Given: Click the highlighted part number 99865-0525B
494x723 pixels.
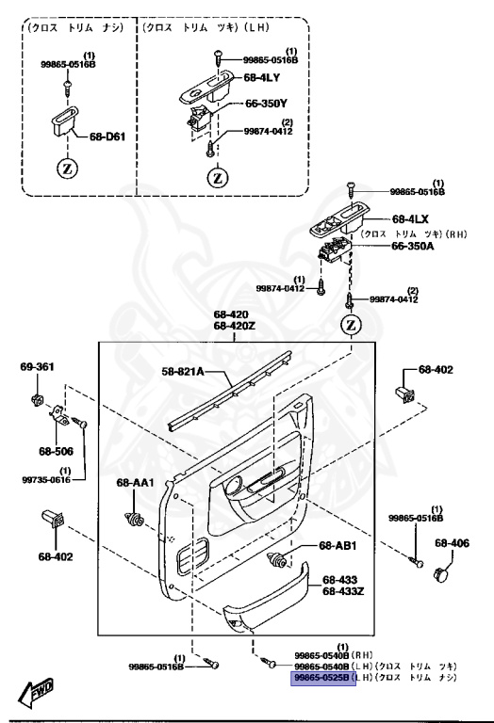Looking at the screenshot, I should pos(321,676).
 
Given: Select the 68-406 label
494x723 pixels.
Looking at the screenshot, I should pos(452,543).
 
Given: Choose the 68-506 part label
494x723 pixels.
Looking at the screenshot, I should pos(56,451).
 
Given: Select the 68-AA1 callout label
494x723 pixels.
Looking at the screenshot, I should pos(135,483).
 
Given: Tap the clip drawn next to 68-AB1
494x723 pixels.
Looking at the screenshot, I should pos(279,562).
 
